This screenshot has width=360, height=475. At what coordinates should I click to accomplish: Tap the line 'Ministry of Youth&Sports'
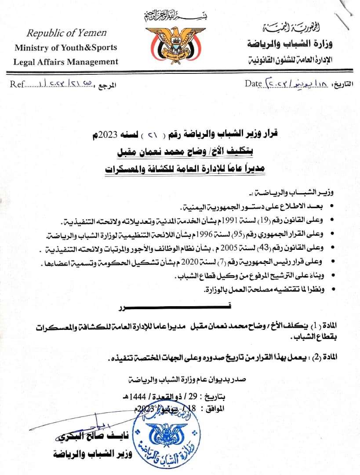pos(66,47)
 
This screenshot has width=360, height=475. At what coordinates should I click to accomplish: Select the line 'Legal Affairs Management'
pos(66,62)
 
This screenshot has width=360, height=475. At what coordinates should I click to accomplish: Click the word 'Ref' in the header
pos(16,84)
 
